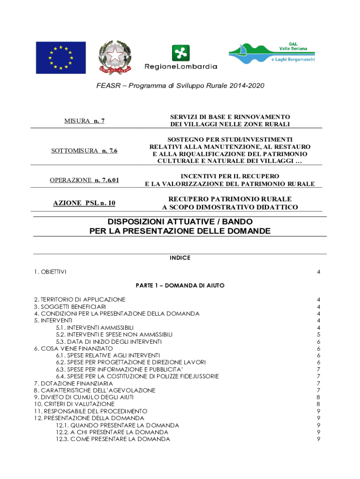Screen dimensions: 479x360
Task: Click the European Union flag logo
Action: click(x=61, y=58)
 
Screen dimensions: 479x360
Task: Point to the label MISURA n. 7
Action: click(x=84, y=121)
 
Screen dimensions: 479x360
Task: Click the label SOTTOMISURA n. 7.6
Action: click(x=84, y=151)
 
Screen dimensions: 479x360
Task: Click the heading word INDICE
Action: click(x=180, y=258)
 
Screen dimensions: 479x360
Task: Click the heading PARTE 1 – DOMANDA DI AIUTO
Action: click(x=180, y=285)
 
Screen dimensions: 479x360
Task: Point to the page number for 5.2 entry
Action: click(x=318, y=334)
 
